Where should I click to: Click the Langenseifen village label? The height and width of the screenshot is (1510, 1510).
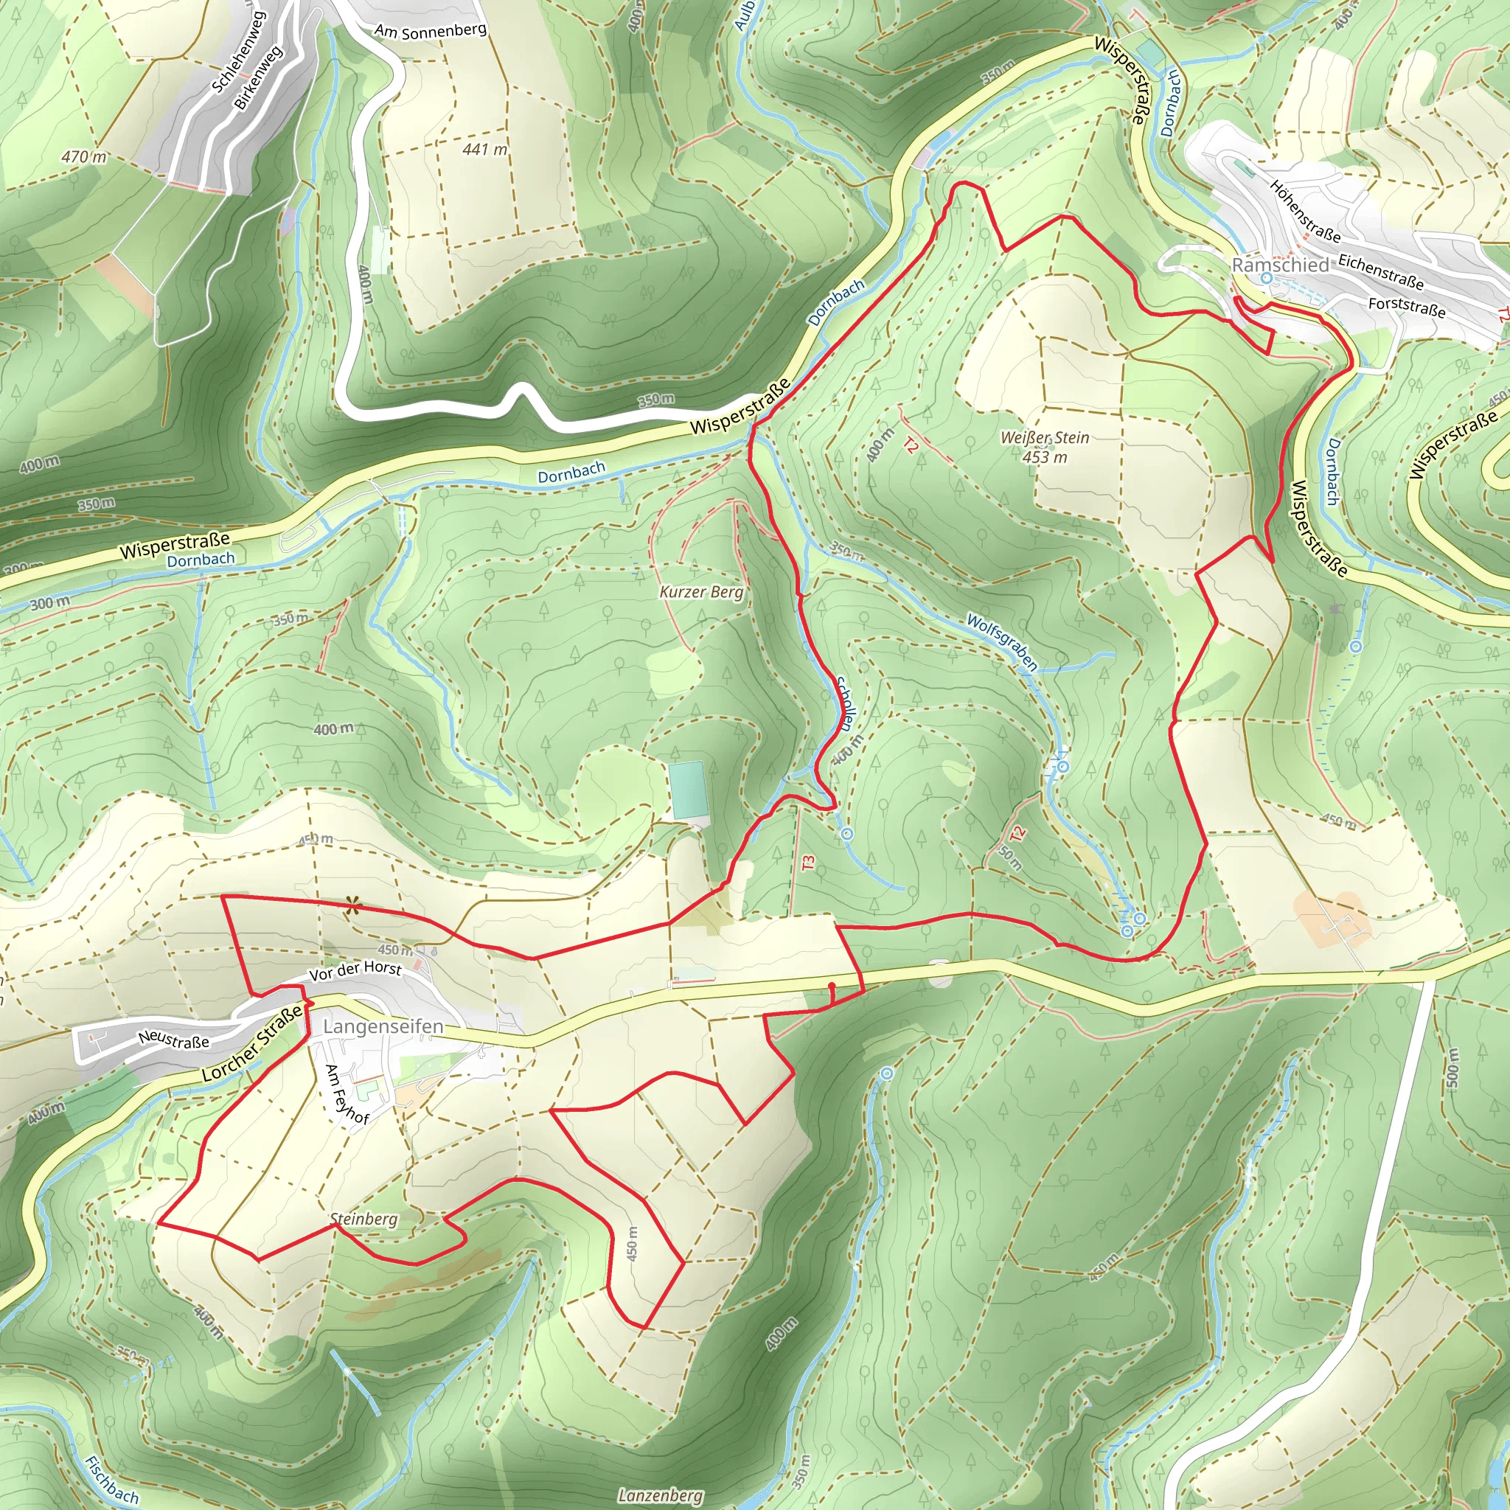[383, 1026]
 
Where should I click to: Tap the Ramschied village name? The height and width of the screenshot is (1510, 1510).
[1279, 265]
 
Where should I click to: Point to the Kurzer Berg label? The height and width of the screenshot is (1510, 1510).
[701, 591]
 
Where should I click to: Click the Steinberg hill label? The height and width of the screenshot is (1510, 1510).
[363, 1219]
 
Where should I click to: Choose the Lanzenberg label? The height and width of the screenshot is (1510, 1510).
[661, 1495]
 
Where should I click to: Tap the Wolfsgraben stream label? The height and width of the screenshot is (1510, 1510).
[1002, 642]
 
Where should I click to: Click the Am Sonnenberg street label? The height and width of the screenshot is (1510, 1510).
[430, 30]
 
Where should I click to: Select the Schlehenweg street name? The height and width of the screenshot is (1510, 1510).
[240, 52]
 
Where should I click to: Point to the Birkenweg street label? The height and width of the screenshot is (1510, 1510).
[259, 77]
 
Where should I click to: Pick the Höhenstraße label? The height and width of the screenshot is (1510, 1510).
[1304, 211]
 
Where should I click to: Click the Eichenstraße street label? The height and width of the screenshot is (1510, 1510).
[1380, 271]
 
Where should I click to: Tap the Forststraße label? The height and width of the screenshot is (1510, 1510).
[1407, 307]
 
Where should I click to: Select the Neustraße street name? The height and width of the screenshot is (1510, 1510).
[173, 1040]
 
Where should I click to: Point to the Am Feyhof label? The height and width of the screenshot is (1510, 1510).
[347, 1094]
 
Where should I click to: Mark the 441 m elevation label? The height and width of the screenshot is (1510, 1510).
[484, 148]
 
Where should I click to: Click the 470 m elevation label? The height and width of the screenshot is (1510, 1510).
[83, 156]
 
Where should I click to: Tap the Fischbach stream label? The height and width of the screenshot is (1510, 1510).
[111, 1479]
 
